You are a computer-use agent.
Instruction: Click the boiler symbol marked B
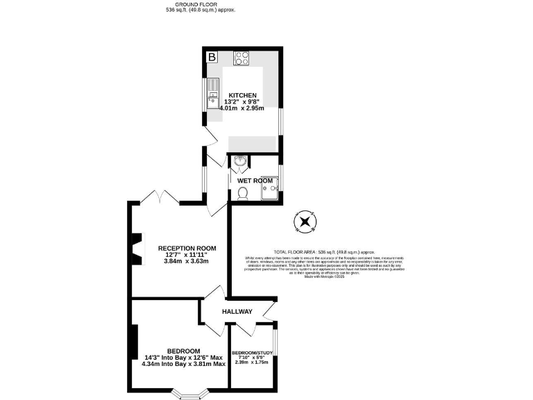coord(212,56)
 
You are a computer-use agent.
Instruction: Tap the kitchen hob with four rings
coord(242,58)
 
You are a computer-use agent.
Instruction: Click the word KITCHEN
coord(242,95)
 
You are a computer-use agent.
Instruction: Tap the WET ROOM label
coord(255,181)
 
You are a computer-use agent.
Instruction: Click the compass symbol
coord(305,222)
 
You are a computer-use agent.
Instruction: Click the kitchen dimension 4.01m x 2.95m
coord(242,108)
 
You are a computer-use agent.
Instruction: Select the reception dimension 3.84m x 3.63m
coord(186,261)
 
